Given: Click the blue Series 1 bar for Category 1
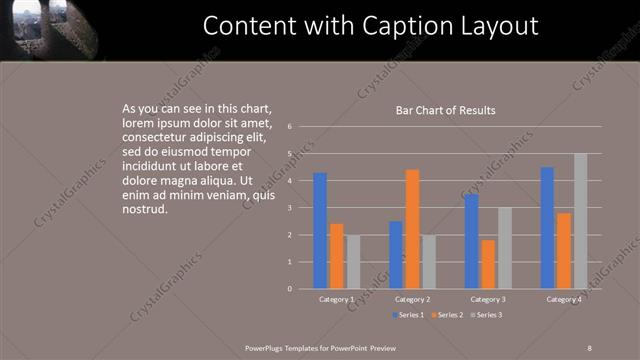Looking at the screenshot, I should [x=320, y=231].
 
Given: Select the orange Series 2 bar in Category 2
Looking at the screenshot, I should [x=412, y=229].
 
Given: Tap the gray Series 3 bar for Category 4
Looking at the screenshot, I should [x=581, y=221].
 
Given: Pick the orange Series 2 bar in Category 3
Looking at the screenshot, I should [x=488, y=264].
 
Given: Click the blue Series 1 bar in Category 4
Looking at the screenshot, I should [x=547, y=228].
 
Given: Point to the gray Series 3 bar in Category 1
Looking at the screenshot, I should [x=353, y=262].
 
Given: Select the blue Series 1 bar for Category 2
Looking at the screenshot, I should [x=396, y=255].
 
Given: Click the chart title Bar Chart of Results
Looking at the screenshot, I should [x=446, y=110].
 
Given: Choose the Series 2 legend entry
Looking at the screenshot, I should [x=447, y=315].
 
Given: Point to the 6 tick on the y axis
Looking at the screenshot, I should [x=288, y=127].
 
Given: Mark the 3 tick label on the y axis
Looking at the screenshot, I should [x=288, y=208].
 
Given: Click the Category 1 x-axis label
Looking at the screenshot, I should [x=336, y=299].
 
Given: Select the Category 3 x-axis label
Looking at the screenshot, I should [x=488, y=299].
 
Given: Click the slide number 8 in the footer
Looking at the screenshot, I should [x=589, y=346].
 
